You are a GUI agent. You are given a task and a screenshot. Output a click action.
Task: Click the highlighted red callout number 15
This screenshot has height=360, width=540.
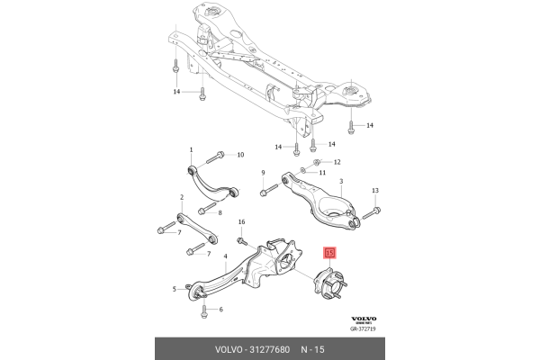(329, 253)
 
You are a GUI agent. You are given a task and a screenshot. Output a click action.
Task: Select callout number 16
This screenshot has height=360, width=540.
(242, 222)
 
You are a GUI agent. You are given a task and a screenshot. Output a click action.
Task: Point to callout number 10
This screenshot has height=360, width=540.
(240, 155)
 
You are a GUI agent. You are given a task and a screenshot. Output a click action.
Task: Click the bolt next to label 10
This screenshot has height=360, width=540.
(216, 157)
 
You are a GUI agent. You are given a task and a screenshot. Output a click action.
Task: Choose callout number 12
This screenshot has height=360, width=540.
(337, 162)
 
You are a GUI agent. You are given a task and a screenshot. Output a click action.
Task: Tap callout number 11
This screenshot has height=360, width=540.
(322, 172)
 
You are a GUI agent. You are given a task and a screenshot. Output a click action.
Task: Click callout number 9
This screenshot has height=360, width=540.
(263, 173)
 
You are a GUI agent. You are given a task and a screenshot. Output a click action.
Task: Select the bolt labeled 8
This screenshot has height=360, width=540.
(207, 208)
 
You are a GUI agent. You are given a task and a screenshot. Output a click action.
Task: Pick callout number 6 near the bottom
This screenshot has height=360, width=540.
(220, 310)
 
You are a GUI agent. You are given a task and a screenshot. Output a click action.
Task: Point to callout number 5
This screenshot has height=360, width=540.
(175, 289)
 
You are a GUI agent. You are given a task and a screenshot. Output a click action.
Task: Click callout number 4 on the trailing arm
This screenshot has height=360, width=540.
(226, 256)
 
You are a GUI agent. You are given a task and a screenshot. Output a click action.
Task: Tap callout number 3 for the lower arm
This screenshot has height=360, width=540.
(341, 181)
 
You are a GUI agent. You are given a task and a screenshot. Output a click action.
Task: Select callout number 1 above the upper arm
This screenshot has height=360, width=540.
(191, 150)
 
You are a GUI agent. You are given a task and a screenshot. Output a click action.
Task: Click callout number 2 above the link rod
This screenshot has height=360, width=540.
(182, 197)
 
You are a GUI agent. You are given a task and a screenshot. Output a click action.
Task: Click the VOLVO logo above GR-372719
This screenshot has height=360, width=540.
(364, 319)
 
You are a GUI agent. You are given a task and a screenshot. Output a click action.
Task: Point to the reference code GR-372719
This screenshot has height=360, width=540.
(363, 328)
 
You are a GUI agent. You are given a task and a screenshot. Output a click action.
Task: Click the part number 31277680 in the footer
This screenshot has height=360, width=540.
(269, 349)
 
